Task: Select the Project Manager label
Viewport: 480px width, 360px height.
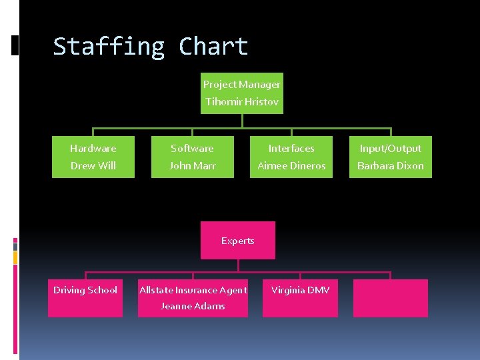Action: (x=241, y=85)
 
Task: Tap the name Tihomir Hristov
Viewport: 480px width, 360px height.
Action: (x=241, y=102)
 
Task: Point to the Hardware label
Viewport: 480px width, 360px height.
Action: (x=93, y=149)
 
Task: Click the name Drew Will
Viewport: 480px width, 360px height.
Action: (x=93, y=166)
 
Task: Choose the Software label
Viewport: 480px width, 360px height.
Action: (x=192, y=149)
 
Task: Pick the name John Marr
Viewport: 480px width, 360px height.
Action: (x=192, y=166)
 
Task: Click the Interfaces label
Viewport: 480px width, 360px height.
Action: (x=291, y=149)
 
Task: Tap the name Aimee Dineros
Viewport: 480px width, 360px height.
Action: (x=291, y=166)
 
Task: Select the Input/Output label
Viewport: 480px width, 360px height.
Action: (x=390, y=149)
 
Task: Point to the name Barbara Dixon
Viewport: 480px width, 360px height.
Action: (x=390, y=166)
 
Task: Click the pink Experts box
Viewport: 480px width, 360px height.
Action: (x=238, y=241)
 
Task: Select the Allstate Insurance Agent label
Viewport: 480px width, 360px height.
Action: (x=193, y=290)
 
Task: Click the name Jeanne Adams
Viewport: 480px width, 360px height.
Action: (x=193, y=307)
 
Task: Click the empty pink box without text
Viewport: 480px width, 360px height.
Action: (x=390, y=298)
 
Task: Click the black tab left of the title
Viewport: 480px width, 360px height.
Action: (x=15, y=45)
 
